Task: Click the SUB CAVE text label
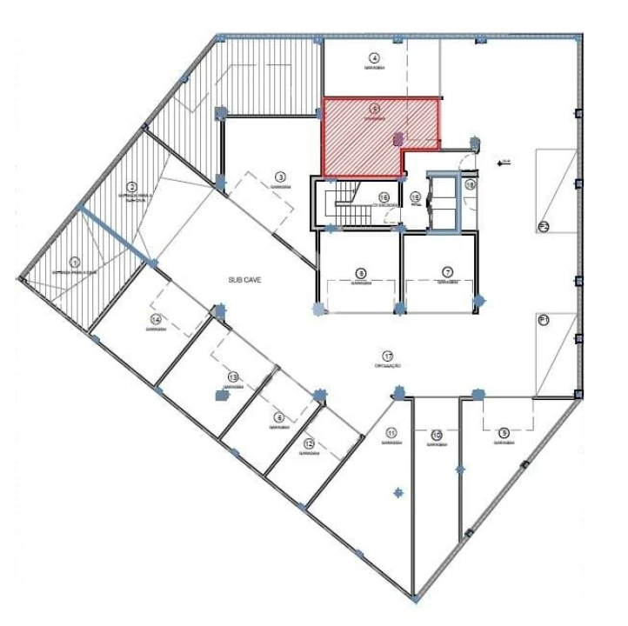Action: (244, 280)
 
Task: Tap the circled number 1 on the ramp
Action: (75, 262)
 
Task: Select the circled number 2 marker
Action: (132, 187)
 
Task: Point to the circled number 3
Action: (281, 176)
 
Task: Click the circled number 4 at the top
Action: (374, 57)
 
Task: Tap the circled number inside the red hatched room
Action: (375, 110)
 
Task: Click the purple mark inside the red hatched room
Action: (398, 137)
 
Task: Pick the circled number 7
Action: (447, 272)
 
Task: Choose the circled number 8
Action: (361, 272)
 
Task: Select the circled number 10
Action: (437, 435)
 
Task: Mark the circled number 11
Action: (392, 433)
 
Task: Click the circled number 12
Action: (308, 443)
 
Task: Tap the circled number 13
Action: (233, 376)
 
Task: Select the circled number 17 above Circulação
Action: (388, 355)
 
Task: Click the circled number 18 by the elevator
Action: (470, 184)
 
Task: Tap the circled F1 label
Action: (545, 320)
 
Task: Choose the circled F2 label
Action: (544, 227)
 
